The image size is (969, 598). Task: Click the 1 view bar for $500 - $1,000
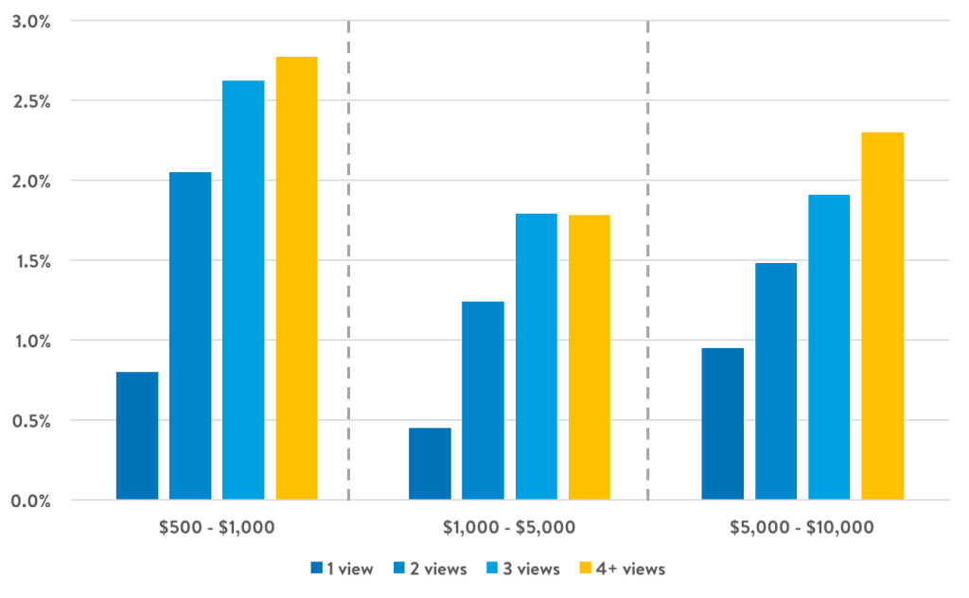click(137, 435)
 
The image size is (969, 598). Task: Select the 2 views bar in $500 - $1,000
click(190, 335)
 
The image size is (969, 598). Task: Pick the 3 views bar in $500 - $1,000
click(243, 290)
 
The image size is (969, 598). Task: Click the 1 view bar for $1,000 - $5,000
click(430, 464)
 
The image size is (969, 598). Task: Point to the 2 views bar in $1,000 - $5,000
click(483, 400)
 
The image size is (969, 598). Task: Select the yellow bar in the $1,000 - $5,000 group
click(589, 357)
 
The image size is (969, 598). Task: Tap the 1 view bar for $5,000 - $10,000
click(723, 423)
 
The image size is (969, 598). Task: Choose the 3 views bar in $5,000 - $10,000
click(829, 346)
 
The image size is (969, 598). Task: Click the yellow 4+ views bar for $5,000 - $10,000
click(882, 315)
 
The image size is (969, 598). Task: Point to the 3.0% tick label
click(30, 21)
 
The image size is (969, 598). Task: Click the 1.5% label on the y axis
click(30, 260)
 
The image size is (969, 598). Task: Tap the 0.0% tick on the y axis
click(30, 500)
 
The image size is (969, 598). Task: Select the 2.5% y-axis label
click(30, 100)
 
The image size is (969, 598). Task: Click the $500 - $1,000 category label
click(217, 527)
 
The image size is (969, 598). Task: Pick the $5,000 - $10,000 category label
click(802, 527)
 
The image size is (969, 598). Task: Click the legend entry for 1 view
click(343, 569)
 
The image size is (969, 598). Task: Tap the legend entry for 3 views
click(523, 569)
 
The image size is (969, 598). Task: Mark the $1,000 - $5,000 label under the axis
click(509, 527)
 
